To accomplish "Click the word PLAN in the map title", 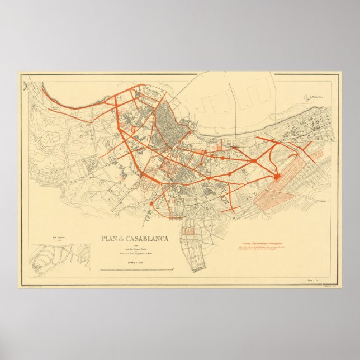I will click(110, 239).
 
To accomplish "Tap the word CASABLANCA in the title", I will click(146, 239).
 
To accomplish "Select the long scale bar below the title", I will click(134, 270).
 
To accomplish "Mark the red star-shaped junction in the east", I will click(277, 177).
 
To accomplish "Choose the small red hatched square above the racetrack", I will click(189, 230).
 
